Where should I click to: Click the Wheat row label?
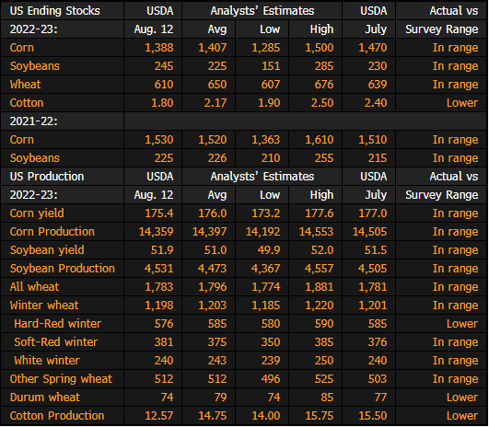(25, 85)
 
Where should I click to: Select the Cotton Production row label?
(57, 415)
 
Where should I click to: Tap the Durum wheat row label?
(45, 397)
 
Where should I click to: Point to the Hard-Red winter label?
(58, 324)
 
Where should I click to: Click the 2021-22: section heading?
(34, 121)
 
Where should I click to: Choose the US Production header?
(47, 177)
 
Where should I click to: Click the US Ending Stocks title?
(55, 11)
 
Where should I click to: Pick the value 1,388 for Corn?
(159, 48)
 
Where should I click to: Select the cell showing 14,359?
(156, 232)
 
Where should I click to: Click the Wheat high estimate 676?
(324, 85)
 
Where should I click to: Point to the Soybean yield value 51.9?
(162, 250)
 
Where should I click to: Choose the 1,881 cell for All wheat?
(320, 287)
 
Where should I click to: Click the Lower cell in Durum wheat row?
(462, 397)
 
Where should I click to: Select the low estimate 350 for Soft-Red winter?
(271, 342)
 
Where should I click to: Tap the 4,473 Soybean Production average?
(213, 269)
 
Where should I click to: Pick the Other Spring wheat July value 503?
(378, 379)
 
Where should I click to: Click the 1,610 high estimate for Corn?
(320, 140)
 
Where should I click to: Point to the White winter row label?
(47, 361)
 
